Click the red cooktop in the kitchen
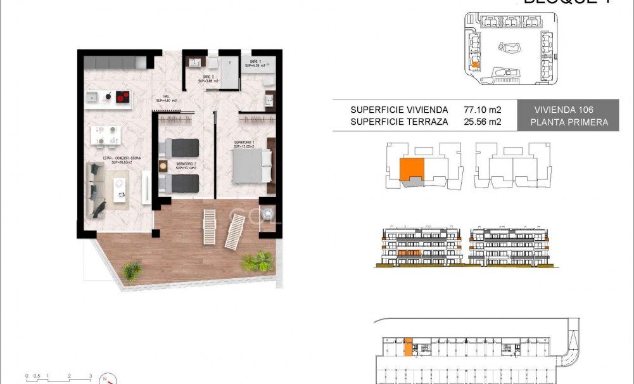click(x=121, y=98)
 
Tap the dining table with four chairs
click(x=105, y=135)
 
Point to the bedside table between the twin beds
click(x=163, y=166)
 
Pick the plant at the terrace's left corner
click(x=132, y=271)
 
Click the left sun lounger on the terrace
click(x=210, y=227)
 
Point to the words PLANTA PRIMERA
click(x=567, y=122)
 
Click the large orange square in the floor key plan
click(x=412, y=169)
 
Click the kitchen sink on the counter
click(x=92, y=98)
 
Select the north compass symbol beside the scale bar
click(x=110, y=376)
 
